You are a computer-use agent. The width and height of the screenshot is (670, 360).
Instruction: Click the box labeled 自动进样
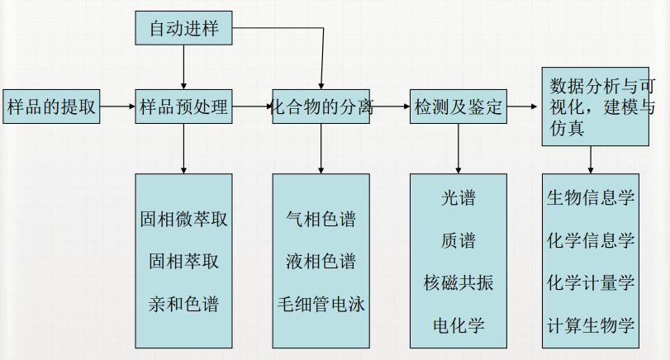point(183,29)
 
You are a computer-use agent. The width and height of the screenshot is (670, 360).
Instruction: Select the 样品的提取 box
point(51,107)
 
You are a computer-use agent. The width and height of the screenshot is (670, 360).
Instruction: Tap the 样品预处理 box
point(183,107)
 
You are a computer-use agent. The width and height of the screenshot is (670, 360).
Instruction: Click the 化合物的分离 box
point(321,107)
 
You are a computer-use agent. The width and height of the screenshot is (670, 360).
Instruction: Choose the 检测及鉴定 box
point(459,107)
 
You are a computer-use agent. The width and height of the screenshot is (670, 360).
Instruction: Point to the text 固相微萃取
point(183,220)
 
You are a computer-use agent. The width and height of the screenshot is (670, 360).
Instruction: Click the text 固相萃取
point(183,262)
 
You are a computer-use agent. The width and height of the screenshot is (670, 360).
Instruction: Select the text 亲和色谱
point(183,304)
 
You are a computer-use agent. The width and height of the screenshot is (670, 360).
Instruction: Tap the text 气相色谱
point(321,220)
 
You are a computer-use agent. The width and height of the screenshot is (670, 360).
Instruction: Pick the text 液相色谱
point(321,262)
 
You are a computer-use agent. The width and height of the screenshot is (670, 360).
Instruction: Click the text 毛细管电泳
point(321,304)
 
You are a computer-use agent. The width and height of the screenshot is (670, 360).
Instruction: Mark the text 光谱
point(459,198)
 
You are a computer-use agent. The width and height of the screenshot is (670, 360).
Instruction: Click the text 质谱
point(459,240)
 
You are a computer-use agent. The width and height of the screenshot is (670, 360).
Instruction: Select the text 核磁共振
point(459,283)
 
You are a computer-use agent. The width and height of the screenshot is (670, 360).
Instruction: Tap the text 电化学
point(459,325)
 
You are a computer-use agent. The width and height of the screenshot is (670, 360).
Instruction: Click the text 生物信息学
point(591,198)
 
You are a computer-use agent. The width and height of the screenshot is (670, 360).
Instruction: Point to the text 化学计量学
point(591,283)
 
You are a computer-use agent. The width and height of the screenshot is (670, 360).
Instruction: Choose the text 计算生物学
point(591,325)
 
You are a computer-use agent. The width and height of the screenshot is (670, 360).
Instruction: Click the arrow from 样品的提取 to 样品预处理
point(117,107)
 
